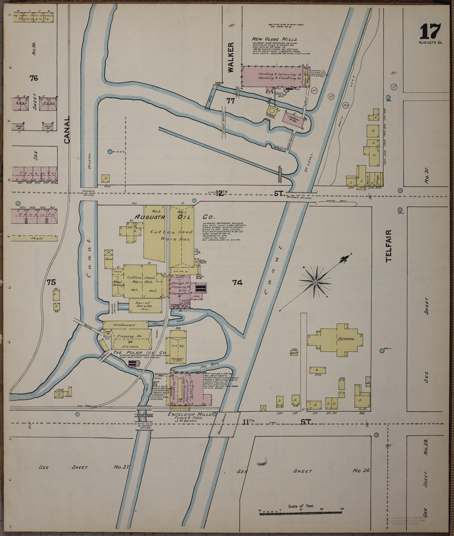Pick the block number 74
point(237,282)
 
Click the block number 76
point(34,78)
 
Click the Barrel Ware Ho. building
point(145,305)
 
